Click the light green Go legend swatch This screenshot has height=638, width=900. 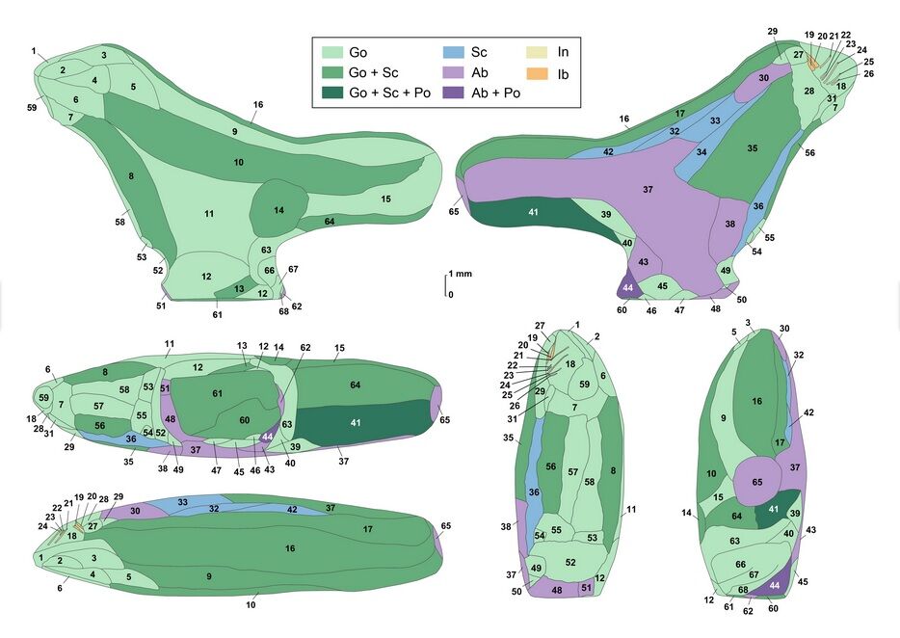[x=332, y=52]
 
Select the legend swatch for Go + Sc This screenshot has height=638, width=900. [x=332, y=72]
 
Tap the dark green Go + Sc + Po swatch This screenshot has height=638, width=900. [x=332, y=93]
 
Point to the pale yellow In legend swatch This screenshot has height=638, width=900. [x=540, y=52]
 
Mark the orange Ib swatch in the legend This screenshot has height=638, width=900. [x=540, y=72]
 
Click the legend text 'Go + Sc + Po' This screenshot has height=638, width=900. [x=388, y=93]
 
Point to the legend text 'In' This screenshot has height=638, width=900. [x=564, y=52]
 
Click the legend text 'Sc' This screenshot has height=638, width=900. [x=481, y=52]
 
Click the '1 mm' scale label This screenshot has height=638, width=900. [x=462, y=275]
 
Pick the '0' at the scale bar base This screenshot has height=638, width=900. [x=450, y=295]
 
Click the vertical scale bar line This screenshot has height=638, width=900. [x=445, y=285]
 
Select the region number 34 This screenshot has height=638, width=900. [x=701, y=152]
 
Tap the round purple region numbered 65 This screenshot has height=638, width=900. [x=756, y=481]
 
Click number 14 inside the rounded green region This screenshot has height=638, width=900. [x=278, y=210]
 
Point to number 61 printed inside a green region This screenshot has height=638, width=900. [x=217, y=393]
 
